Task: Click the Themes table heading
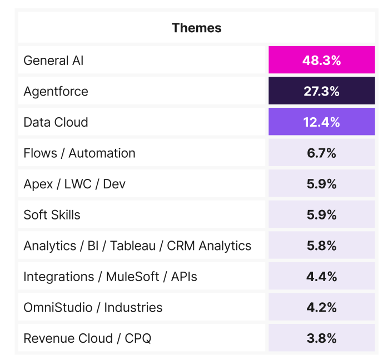196,28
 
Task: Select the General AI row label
53,60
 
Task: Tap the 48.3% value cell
321,60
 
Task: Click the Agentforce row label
56,91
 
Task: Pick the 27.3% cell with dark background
321,91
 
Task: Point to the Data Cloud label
56,122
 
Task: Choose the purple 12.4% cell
321,122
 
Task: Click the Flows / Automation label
79,153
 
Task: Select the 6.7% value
321,153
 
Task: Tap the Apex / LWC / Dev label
74,184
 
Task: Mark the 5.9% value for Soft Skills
321,215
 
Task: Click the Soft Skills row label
52,215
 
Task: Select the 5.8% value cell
321,246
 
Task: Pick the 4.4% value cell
321,277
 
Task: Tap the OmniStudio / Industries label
93,307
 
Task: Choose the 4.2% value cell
321,307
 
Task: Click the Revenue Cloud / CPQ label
87,338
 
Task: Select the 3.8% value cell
321,338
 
